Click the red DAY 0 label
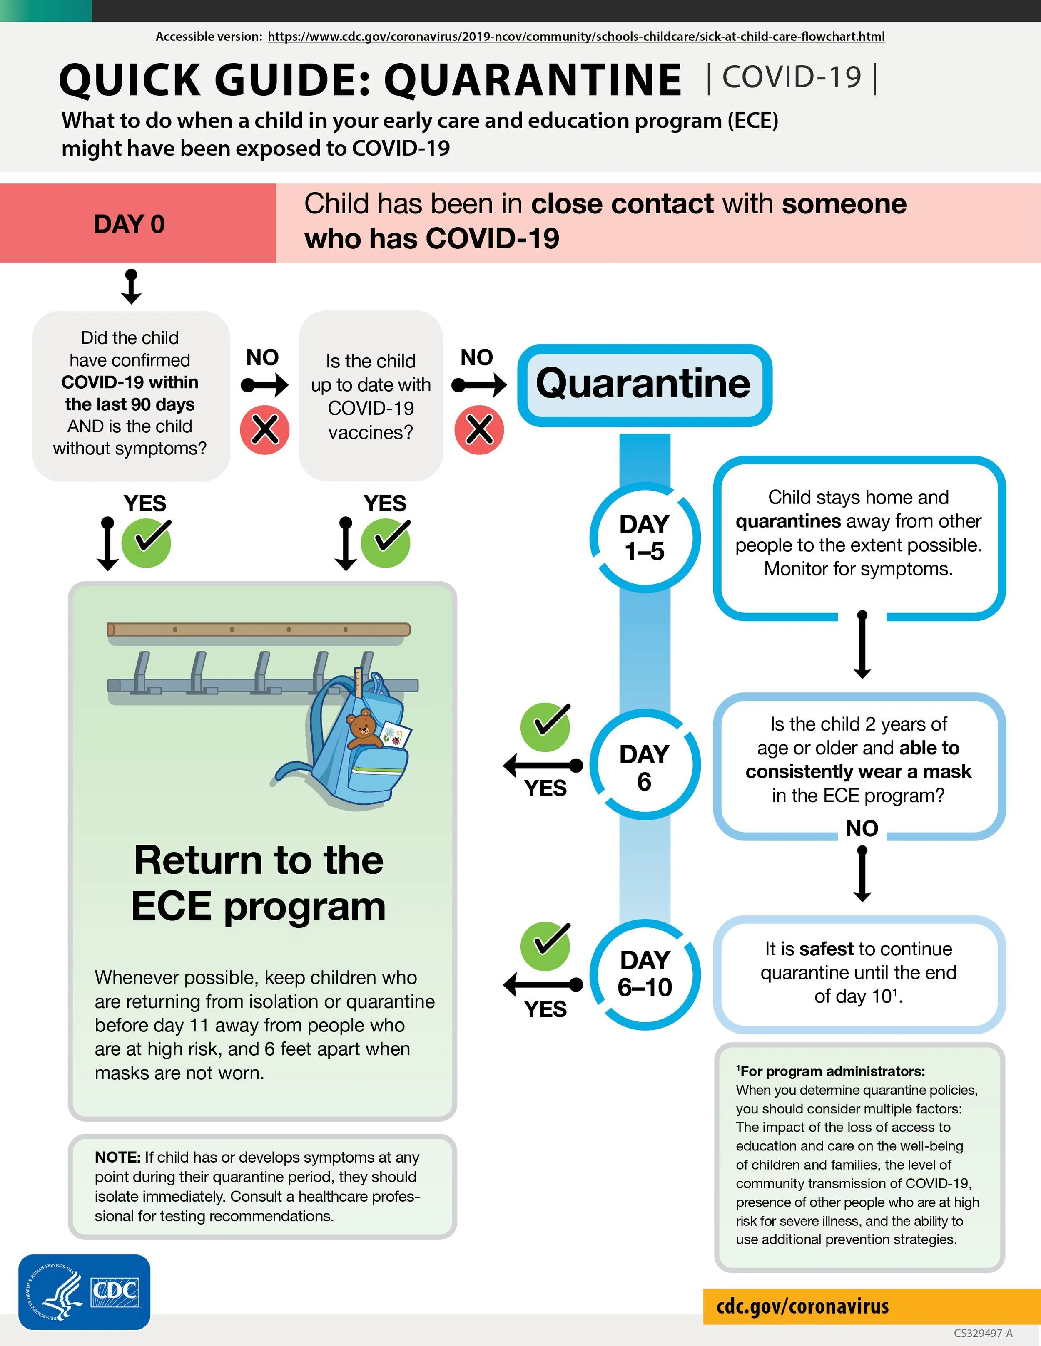(130, 224)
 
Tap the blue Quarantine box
(644, 384)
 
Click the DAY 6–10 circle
(645, 973)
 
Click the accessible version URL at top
(576, 36)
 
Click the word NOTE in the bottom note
(117, 1158)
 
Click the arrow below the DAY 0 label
(131, 287)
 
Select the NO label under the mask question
(862, 828)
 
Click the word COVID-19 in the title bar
(792, 78)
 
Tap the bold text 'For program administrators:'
(832, 1071)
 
